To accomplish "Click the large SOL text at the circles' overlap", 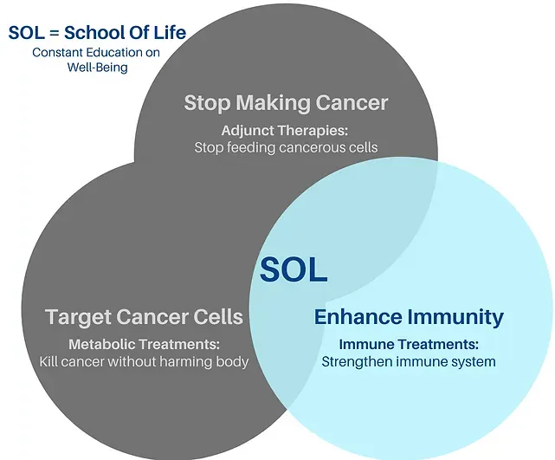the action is [x=294, y=269].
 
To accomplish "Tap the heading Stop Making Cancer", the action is [x=286, y=103].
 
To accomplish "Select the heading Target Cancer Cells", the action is [x=144, y=317].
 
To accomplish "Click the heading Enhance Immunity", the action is [x=409, y=317].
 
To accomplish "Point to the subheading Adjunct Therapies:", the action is [x=285, y=131].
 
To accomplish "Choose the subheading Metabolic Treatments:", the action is [x=144, y=344].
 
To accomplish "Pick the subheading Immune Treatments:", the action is [x=409, y=344].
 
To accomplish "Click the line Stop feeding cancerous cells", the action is [x=286, y=147].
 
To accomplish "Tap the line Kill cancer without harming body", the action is [x=144, y=362].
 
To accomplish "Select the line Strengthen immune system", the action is [x=409, y=362].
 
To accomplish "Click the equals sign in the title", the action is [x=55, y=33].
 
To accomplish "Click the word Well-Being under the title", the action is [x=97, y=68].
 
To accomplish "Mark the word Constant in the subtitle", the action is [x=58, y=52].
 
